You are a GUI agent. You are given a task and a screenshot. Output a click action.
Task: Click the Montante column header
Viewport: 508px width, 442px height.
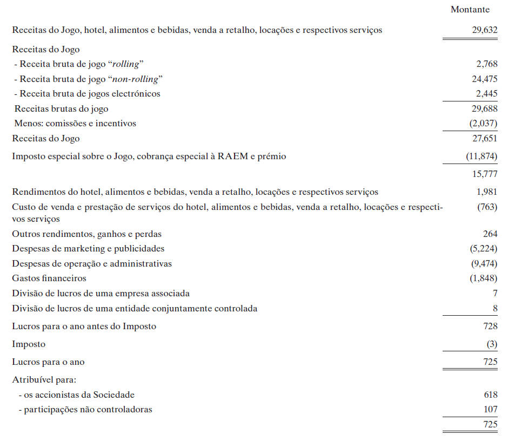470,10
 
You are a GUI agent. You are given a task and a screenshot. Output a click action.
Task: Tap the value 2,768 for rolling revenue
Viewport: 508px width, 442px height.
486,64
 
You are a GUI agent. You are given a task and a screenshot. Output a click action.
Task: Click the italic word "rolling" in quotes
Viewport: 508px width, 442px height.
124,64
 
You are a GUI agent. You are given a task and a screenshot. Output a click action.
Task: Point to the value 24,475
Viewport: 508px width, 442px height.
484,79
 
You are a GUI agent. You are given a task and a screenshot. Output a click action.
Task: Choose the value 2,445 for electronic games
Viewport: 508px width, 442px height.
486,94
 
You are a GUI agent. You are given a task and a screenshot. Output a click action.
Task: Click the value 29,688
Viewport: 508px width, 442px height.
484,109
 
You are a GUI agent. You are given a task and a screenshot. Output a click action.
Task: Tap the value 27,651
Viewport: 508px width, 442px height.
484,139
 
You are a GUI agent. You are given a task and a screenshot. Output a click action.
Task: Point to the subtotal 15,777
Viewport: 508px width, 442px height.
484,174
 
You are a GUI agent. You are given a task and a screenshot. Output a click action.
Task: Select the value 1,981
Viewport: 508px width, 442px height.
486,192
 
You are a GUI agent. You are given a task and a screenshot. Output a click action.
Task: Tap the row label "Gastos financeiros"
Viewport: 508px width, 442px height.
49,278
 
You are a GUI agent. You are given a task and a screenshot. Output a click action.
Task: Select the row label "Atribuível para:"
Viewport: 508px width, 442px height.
44,380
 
